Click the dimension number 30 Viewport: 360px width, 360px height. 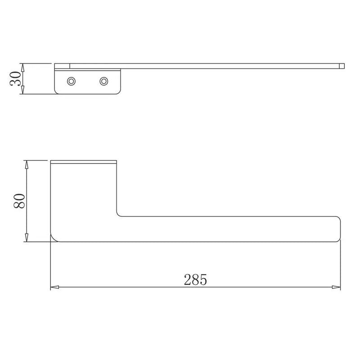click(x=15, y=78)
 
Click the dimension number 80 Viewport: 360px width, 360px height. click(x=19, y=201)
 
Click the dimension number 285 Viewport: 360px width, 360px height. click(x=195, y=279)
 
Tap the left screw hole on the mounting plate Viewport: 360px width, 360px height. click(x=71, y=81)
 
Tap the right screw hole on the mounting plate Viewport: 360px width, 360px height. click(x=104, y=81)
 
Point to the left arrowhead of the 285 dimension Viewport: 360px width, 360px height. click(x=54, y=287)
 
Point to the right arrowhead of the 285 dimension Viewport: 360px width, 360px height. click(x=336, y=287)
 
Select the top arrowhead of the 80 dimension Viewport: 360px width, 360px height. click(x=27, y=165)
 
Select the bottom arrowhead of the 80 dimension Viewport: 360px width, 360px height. click(x=27, y=238)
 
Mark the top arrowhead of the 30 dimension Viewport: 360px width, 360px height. click(x=22, y=67)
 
